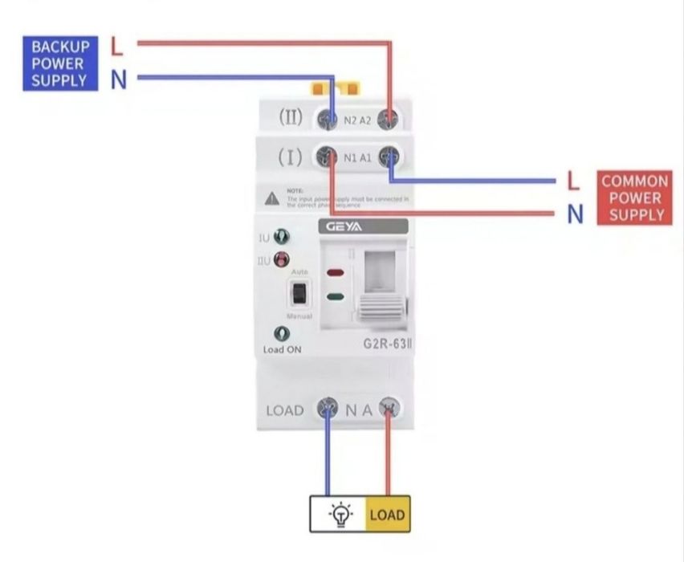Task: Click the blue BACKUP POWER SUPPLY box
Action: click(60, 63)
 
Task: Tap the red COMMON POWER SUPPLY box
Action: click(634, 198)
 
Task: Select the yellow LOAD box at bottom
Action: click(388, 515)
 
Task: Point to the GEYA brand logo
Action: click(344, 226)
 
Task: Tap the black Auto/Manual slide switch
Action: click(299, 294)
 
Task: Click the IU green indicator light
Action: click(281, 237)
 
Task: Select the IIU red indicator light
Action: click(281, 259)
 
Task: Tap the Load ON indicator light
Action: click(281, 333)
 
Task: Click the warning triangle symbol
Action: click(273, 197)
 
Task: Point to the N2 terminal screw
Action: click(328, 119)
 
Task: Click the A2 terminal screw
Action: click(389, 119)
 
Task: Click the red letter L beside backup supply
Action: click(117, 46)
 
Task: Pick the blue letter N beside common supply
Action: click(575, 214)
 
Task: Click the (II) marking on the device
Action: click(291, 117)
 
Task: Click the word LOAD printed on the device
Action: click(285, 410)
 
